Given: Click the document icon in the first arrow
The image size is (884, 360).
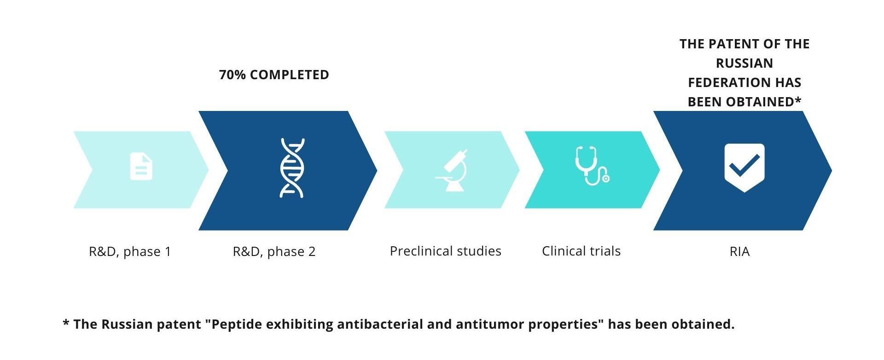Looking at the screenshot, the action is [141, 166].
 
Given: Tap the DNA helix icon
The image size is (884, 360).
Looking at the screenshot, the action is [292, 168].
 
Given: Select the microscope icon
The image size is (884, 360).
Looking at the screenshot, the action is [452, 170].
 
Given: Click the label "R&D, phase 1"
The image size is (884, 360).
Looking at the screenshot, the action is [130, 252].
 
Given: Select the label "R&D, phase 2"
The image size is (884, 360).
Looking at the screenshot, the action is [274, 252].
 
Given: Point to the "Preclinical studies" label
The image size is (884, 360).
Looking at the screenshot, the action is [445, 251].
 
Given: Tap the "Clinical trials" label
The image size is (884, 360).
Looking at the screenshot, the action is [581, 251].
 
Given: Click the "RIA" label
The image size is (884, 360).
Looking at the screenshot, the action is [739, 252].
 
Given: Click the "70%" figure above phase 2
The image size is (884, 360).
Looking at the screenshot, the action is [233, 75].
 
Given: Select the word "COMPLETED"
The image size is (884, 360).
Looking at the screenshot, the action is [289, 75].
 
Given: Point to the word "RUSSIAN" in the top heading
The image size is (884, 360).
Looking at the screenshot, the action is [744, 64].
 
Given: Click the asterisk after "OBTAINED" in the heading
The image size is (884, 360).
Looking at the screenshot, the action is [798, 99].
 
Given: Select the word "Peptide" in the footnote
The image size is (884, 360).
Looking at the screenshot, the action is [236, 325].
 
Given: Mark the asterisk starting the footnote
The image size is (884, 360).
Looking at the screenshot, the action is [66, 323].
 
